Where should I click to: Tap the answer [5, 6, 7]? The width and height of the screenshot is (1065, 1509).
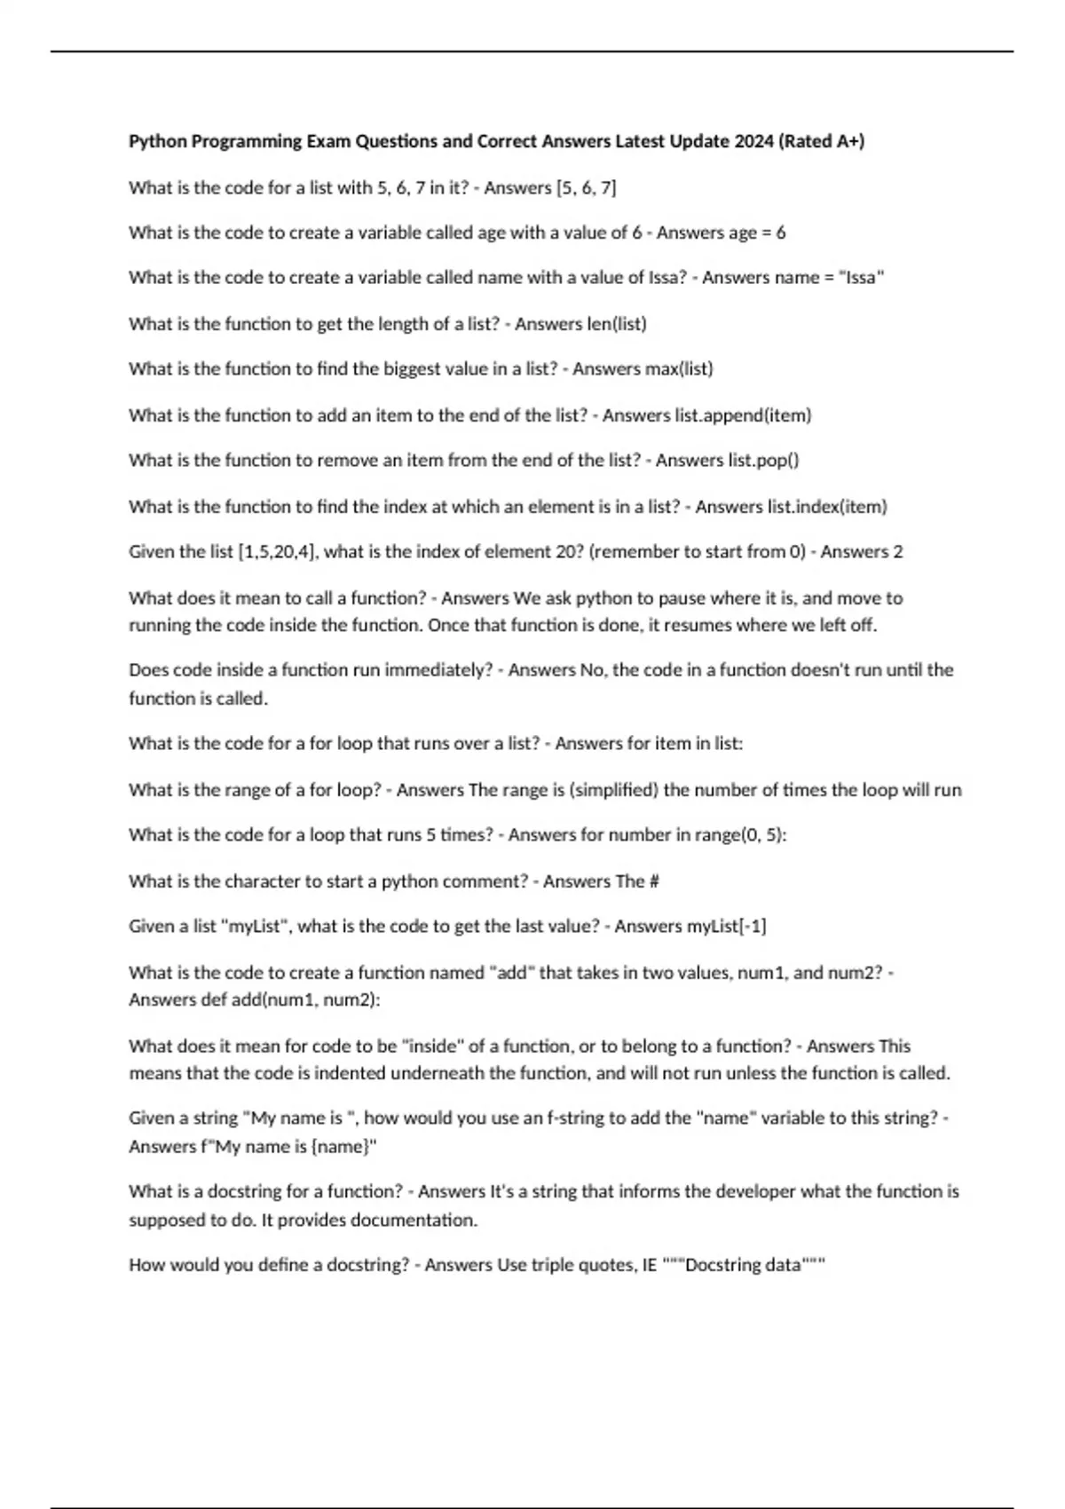click(586, 187)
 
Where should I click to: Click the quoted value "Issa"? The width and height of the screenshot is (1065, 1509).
click(861, 278)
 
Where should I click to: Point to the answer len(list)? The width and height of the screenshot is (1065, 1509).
click(618, 324)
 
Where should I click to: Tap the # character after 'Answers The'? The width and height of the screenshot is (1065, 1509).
click(654, 881)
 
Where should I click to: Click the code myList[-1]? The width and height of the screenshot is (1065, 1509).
click(727, 926)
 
